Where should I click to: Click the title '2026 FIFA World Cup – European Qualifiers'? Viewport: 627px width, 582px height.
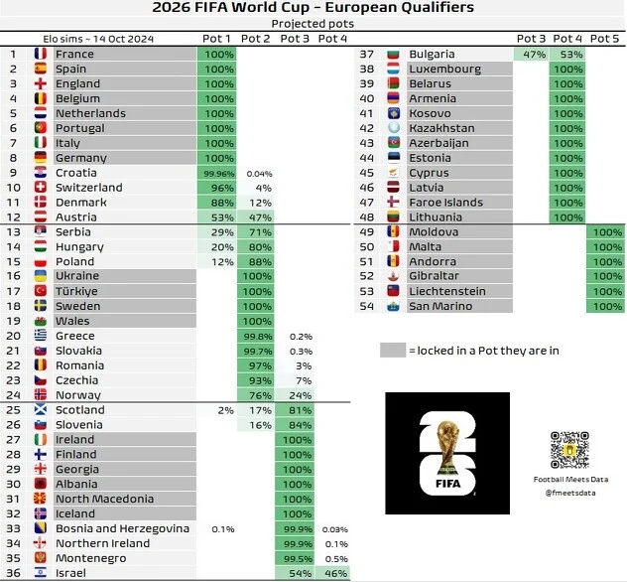[313, 8]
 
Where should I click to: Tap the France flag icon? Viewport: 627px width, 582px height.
[41, 54]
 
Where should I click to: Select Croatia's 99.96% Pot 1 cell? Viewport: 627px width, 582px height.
[217, 173]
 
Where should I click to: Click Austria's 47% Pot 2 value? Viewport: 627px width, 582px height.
[257, 218]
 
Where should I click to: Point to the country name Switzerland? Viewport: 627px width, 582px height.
[89, 188]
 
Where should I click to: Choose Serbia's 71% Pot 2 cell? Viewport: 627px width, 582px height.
[257, 232]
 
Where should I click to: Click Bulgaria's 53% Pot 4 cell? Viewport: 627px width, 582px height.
[568, 55]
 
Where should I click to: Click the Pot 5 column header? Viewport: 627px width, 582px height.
[604, 39]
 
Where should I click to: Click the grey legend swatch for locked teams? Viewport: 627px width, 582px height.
[393, 350]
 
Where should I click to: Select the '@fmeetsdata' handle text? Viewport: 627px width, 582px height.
[564, 491]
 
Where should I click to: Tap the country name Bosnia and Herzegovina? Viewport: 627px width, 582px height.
[122, 528]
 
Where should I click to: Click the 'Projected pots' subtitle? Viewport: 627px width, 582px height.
[313, 23]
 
